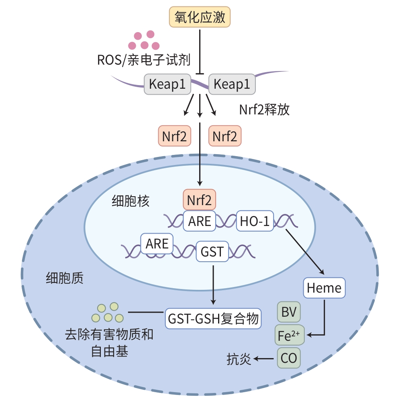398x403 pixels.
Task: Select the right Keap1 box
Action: (232, 84)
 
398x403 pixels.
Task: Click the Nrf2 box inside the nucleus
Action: (200, 199)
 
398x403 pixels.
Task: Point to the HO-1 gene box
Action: (255, 220)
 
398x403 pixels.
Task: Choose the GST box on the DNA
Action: (212, 252)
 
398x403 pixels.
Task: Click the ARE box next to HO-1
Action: (200, 220)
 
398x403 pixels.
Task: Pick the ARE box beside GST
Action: (157, 243)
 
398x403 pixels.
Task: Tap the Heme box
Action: (324, 287)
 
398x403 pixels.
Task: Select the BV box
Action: (289, 312)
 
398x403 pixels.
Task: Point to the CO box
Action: (289, 358)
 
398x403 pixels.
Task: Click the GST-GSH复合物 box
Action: (213, 319)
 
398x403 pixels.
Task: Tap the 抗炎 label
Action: (239, 359)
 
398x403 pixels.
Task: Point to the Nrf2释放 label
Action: (264, 110)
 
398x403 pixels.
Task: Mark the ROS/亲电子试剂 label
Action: (143, 61)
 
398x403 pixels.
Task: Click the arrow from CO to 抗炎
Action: (265, 359)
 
